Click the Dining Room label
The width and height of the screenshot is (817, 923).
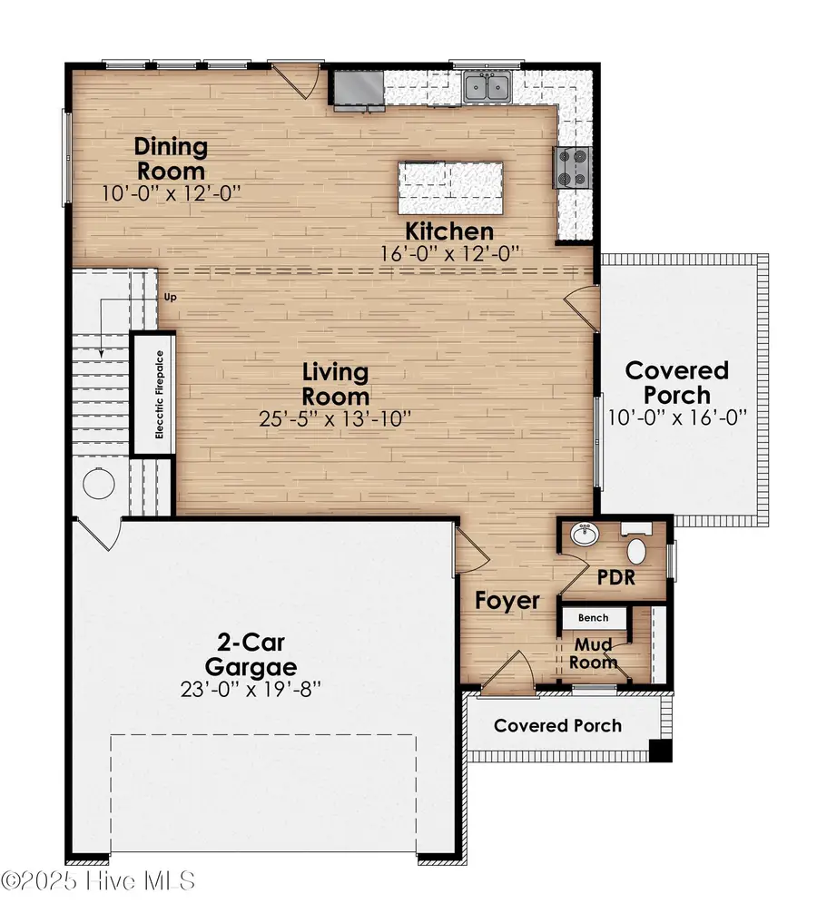(x=171, y=158)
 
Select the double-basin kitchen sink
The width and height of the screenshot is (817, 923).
(x=487, y=87)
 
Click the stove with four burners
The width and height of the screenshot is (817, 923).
(x=573, y=166)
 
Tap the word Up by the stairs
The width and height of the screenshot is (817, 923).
(x=170, y=297)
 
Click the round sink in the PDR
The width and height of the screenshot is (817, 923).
(x=582, y=536)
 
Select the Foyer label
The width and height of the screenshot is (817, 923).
(x=507, y=600)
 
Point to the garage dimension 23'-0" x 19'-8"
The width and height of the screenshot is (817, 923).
(x=252, y=689)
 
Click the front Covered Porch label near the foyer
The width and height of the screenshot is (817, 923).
(x=557, y=725)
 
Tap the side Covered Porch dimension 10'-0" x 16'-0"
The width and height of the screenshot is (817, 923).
(x=677, y=417)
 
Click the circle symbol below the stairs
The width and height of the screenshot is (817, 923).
(x=97, y=484)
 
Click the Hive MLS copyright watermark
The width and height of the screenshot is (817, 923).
(x=97, y=881)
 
